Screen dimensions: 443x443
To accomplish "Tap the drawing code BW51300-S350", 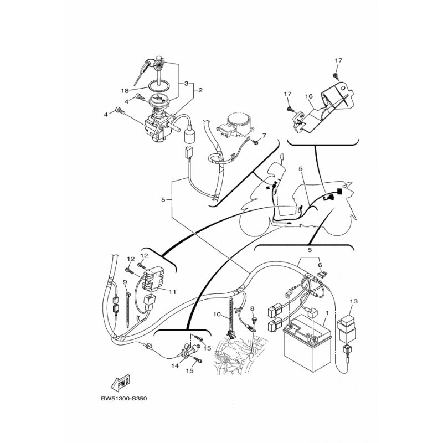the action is click(x=123, y=399).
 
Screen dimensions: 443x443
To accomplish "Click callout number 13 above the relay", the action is click(x=353, y=301).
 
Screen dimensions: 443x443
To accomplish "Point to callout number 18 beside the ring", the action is click(x=125, y=91).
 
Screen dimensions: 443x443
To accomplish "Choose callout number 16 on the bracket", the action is click(x=309, y=96).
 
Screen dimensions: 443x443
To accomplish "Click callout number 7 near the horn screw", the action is click(x=264, y=136).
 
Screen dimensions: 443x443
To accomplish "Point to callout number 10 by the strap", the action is click(x=217, y=315).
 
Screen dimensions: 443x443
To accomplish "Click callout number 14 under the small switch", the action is click(x=175, y=366).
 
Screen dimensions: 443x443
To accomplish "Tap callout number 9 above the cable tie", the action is click(x=125, y=282).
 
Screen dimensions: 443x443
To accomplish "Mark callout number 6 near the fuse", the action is click(x=320, y=265).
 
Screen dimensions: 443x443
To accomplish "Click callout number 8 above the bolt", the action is click(x=253, y=308).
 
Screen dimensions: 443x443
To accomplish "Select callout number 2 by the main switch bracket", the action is click(x=200, y=90).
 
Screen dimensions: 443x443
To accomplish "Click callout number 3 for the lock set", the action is click(x=186, y=84).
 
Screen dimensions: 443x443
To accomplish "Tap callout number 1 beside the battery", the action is click(x=327, y=313).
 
